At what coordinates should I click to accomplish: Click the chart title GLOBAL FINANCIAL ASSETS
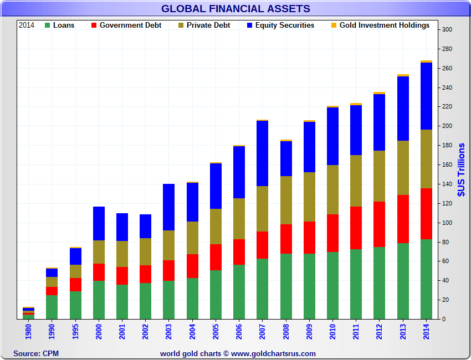[x=235, y=8]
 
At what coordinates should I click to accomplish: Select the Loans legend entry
[x=63, y=25]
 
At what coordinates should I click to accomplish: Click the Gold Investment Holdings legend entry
[x=384, y=25]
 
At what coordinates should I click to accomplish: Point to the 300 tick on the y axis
[x=447, y=30]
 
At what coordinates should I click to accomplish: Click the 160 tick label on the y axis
[x=447, y=165]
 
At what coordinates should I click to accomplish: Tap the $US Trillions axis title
[x=461, y=169]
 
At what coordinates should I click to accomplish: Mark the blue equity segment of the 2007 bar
[x=263, y=153]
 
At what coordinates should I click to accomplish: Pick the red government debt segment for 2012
[x=380, y=224]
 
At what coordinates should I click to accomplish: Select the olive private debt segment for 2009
[x=309, y=197]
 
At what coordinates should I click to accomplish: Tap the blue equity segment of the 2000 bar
[x=99, y=223]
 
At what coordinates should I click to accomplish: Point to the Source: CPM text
[x=36, y=353]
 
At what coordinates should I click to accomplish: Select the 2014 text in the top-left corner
[x=27, y=25]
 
